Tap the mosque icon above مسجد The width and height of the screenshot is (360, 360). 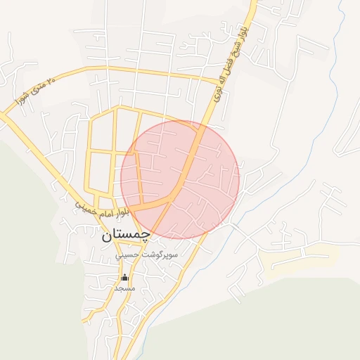125,277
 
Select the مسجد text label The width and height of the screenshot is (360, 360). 125,288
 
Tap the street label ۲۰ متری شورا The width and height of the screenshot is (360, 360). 33,92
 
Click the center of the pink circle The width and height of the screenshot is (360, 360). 180,179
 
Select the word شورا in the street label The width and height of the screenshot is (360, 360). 20,101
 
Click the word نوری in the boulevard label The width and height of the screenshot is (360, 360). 218,87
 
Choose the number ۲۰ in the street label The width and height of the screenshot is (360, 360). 50,82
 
